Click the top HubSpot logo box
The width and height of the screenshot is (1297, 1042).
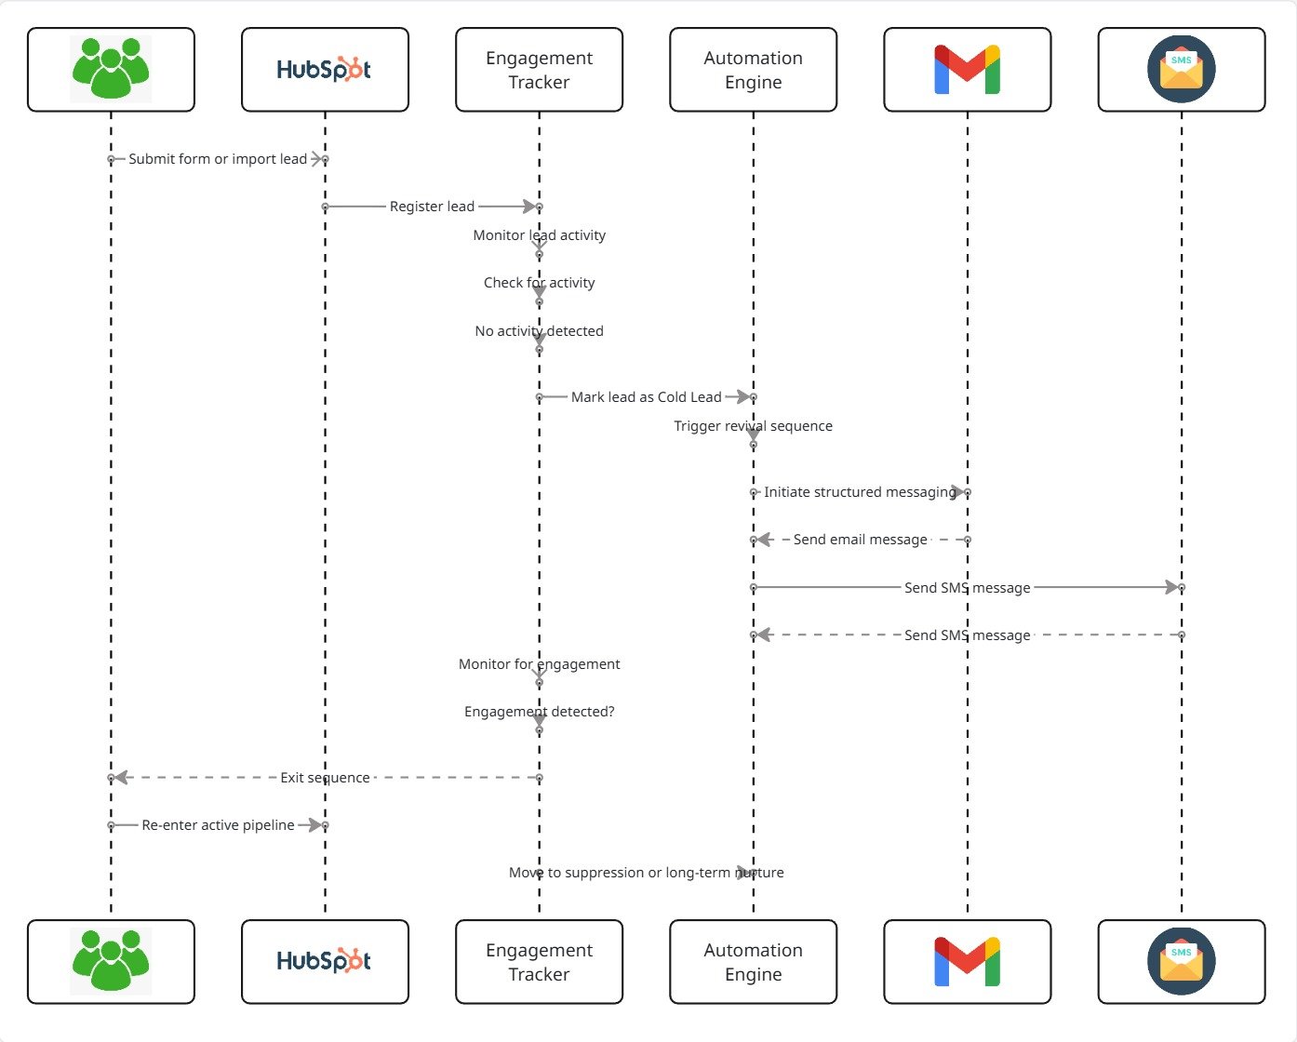(325, 70)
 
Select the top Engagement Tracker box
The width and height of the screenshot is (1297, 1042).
(539, 70)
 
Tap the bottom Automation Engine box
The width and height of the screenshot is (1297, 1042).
(753, 962)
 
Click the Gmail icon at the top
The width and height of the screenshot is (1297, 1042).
(967, 70)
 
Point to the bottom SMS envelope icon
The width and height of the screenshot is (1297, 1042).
(1181, 961)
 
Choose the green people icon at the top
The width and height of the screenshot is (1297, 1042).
(111, 68)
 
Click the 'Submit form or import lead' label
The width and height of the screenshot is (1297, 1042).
(218, 159)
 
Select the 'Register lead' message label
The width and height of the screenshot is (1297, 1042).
(432, 207)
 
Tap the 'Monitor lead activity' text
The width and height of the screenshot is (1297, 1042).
(539, 235)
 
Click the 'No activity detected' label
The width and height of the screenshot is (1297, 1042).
(539, 331)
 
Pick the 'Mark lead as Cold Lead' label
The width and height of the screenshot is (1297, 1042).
(646, 397)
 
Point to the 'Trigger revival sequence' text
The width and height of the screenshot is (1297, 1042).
(753, 426)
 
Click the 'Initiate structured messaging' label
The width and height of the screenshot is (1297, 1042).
(860, 492)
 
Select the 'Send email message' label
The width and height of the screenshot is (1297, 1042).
(860, 540)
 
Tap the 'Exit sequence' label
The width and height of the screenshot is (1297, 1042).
(325, 778)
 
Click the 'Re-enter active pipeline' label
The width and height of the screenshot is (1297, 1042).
(218, 825)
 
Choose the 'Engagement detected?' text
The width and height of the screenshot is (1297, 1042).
(539, 712)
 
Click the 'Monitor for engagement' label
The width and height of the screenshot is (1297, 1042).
(539, 664)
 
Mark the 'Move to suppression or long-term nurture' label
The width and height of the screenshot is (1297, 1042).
(646, 873)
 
